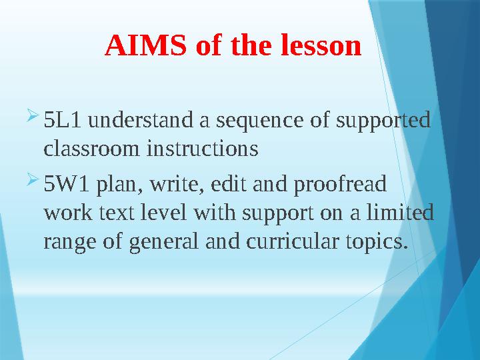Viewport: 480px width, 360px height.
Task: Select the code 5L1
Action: coord(63,122)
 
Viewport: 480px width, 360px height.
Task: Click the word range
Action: coord(69,243)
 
